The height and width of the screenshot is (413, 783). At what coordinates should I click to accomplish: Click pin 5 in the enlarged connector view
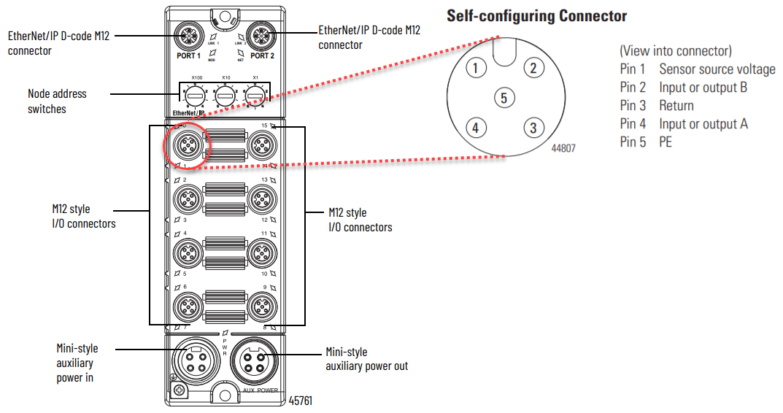(504, 96)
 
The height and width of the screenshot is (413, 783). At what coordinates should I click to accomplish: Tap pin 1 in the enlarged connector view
(475, 69)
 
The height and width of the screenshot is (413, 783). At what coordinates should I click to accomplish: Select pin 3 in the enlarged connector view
(533, 128)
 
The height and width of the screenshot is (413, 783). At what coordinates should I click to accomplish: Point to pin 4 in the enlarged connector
(475, 128)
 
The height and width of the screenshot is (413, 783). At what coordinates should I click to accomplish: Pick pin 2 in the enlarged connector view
(533, 69)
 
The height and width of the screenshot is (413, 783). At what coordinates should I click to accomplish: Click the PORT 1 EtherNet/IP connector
(188, 34)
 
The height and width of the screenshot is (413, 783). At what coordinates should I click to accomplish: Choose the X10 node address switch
(225, 96)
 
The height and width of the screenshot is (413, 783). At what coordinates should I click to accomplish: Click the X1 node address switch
(255, 96)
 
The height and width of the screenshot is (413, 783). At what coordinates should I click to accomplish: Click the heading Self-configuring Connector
(536, 15)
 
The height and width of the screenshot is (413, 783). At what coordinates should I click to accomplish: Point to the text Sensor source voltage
(717, 69)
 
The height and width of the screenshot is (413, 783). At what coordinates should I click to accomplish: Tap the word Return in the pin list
(676, 106)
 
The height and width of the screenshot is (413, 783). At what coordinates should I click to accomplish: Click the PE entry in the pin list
(666, 142)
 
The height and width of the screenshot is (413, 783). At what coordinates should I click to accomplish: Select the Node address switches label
(57, 101)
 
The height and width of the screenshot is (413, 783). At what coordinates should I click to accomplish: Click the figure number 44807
(563, 148)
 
